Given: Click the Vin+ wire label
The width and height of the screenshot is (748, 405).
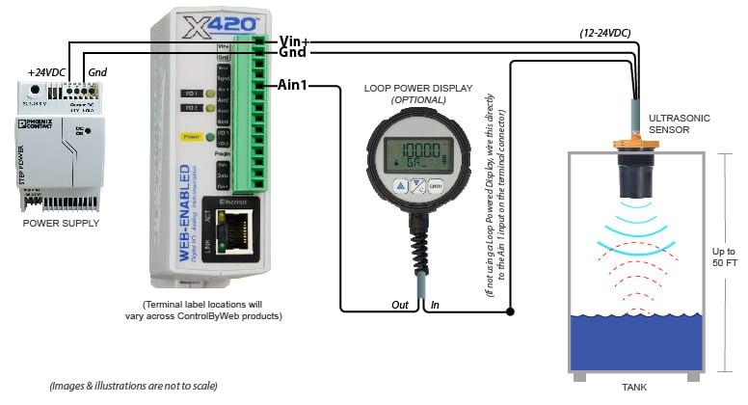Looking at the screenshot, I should coord(293,40).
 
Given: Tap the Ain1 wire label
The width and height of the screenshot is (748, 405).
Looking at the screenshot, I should coord(293,85).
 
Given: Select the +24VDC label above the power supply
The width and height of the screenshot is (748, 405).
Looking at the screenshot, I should coord(46,72).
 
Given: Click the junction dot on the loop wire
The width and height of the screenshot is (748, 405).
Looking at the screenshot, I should coord(510,310).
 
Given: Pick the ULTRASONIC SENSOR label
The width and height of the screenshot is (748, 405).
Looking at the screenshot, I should coord(681,123).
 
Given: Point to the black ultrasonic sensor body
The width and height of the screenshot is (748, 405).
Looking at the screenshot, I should coord(637,171).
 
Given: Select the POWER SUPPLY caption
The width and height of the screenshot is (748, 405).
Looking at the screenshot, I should coord(61,223).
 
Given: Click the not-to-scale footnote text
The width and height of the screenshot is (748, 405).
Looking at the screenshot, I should coord(134,386).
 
